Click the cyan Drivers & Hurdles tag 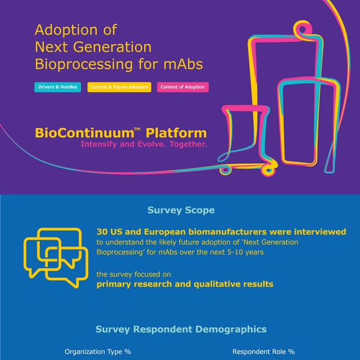58,87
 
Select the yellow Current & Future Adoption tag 119,87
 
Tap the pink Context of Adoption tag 183,87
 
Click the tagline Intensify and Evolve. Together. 143,145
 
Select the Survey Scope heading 181,210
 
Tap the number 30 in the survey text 102,232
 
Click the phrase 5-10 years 245,252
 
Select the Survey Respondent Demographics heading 181,329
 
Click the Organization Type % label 98,352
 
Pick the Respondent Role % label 263,352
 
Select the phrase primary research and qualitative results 185,284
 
